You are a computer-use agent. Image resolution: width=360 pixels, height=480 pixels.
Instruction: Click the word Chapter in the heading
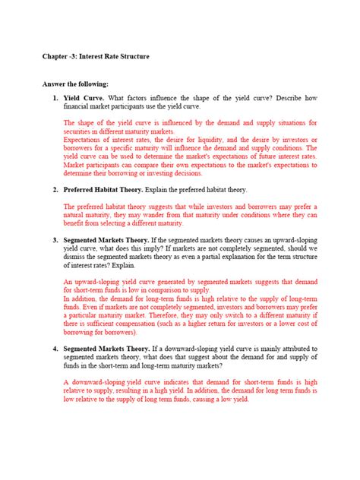55,58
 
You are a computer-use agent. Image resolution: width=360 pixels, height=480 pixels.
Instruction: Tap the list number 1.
55,97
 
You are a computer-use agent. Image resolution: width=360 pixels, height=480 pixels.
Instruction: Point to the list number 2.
55,189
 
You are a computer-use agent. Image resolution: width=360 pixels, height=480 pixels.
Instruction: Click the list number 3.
55,239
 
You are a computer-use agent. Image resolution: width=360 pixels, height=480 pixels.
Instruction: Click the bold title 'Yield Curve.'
85,97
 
